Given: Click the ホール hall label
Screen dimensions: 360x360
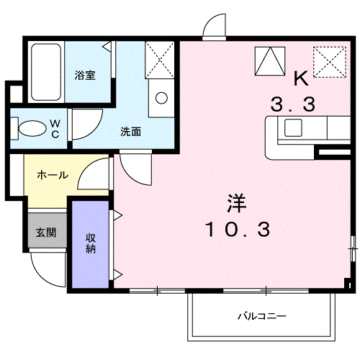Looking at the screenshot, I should [x=52, y=175].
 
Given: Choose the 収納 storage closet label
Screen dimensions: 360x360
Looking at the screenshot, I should [x=91, y=243].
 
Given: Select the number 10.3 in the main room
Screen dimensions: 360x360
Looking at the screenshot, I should [x=238, y=230].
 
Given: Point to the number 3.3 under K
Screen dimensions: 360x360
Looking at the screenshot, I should [x=292, y=105].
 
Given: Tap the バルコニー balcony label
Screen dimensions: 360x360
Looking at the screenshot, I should [x=262, y=316].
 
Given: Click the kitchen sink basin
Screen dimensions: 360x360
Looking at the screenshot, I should [x=294, y=128].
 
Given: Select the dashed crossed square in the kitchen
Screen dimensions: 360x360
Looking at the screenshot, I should [x=333, y=61].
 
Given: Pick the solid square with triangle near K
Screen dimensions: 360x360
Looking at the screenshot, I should [x=269, y=60].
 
